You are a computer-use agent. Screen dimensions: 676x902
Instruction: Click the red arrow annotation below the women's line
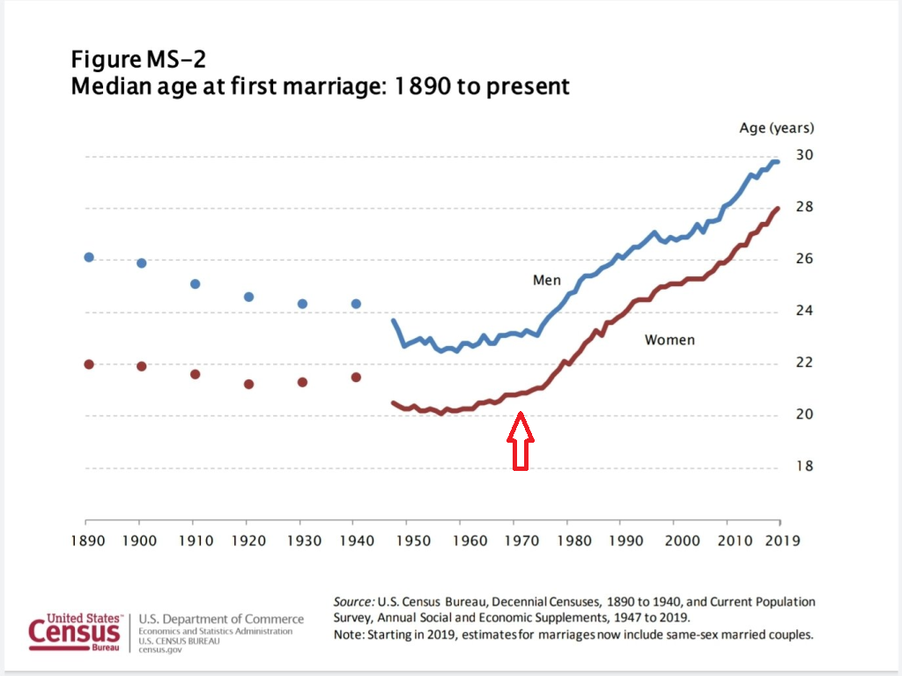[x=520, y=441]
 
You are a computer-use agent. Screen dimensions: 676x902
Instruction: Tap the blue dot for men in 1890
[x=88, y=257]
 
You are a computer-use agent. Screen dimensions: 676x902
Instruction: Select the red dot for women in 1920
[x=249, y=384]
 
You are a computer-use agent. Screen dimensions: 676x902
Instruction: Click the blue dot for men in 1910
[x=196, y=284]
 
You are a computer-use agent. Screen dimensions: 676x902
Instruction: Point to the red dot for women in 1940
[x=356, y=377]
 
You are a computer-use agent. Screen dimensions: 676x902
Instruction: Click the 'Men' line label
[x=546, y=281]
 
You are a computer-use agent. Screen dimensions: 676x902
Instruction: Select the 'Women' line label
[x=669, y=340]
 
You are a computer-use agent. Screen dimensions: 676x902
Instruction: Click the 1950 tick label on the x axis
[x=410, y=540]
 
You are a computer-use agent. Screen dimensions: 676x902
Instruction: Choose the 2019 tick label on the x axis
[x=782, y=540]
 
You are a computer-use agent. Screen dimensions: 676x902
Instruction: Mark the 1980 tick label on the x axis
[x=569, y=540]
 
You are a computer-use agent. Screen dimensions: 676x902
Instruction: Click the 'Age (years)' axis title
[x=776, y=129]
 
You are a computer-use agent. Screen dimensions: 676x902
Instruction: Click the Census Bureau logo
[x=74, y=630]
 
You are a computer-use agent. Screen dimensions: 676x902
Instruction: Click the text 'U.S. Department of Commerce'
[x=221, y=620]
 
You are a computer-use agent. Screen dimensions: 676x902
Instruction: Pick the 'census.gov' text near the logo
[x=159, y=650]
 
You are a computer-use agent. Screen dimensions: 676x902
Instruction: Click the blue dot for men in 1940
[x=356, y=304]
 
